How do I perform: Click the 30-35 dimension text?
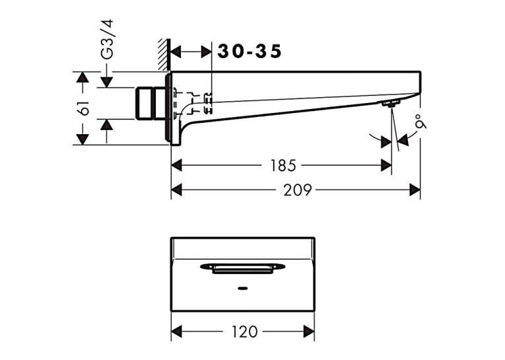point(250,52)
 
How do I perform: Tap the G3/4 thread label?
point(107,40)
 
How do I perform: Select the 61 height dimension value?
point(84,108)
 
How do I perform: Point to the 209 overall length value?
point(298,190)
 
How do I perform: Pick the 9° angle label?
point(421,121)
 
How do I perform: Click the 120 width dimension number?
point(245,332)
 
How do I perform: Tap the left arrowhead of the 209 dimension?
point(176,190)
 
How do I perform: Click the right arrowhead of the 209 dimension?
point(415,190)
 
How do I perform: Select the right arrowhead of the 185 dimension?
point(386,166)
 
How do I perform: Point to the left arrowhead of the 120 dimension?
point(176,332)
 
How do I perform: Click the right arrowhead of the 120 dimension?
point(309,332)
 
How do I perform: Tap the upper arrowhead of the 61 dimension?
point(83,77)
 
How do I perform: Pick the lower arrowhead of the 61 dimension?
point(83,139)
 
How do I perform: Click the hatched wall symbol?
point(164,54)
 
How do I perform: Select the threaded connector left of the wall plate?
point(150,103)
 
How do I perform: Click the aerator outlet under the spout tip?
point(391,104)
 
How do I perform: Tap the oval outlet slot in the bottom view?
point(242,268)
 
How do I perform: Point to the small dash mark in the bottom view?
point(242,288)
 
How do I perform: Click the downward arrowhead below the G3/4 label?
point(106,82)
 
